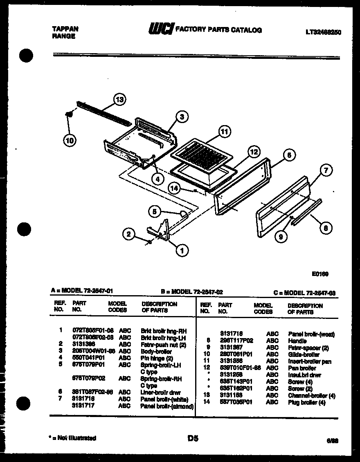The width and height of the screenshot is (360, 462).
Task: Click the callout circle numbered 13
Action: (119, 99)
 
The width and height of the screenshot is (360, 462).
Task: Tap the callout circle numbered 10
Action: (70, 141)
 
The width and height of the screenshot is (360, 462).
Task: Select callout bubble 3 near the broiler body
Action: (182, 117)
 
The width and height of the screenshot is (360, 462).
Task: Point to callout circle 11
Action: (224, 132)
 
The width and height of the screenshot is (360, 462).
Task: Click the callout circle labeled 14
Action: (174, 188)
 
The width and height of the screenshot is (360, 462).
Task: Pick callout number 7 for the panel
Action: (326, 170)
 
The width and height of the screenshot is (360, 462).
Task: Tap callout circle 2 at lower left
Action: (129, 234)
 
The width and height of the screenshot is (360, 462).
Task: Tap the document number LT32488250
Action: (323, 31)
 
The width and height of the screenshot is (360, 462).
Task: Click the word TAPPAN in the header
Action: (65, 29)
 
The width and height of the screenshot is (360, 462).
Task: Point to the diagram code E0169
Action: (319, 274)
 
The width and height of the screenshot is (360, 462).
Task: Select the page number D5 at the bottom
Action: (193, 439)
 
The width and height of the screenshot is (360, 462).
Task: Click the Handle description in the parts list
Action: (297, 340)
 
